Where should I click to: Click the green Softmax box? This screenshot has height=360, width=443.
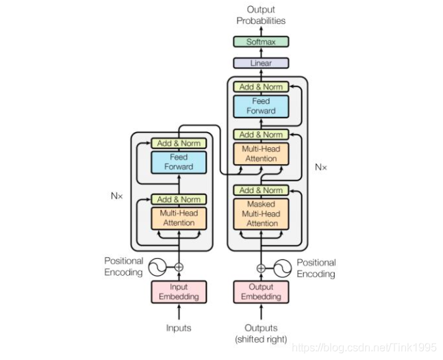(261, 42)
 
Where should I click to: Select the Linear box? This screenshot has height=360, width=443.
(261, 63)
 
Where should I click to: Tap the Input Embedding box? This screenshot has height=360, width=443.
(179, 292)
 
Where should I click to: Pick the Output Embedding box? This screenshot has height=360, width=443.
(261, 292)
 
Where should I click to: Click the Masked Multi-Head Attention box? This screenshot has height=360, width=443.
(261, 214)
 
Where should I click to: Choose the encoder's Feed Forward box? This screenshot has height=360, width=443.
(179, 162)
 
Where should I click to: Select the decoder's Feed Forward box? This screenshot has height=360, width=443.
(261, 107)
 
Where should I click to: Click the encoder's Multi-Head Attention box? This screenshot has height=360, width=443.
(179, 218)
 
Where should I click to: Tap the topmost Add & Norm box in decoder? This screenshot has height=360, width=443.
(261, 87)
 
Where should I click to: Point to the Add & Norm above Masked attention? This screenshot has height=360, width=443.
(261, 190)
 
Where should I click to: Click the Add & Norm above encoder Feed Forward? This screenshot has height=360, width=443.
(179, 143)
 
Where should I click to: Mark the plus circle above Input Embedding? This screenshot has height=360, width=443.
(179, 267)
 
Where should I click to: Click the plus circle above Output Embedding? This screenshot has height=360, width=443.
(261, 268)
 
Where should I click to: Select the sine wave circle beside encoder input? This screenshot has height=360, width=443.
(157, 267)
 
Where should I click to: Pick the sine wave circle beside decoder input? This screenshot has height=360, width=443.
(283, 268)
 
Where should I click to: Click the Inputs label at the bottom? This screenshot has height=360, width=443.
(179, 328)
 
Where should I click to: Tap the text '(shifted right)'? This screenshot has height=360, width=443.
(261, 339)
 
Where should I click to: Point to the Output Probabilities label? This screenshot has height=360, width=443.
(261, 15)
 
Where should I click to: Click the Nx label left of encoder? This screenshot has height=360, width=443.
(117, 196)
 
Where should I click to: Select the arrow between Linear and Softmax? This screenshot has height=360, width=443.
(261, 53)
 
